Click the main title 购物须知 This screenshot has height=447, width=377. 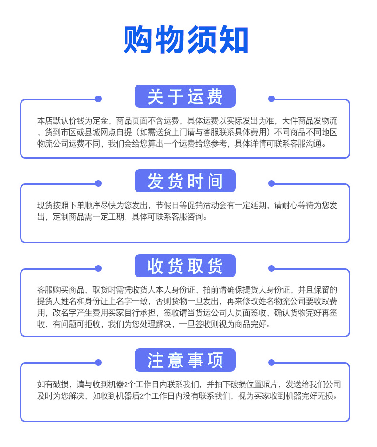(x=186, y=40)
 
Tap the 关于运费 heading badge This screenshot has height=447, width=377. (x=185, y=96)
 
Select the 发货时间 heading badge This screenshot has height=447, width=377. (x=185, y=181)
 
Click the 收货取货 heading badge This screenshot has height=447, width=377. (x=185, y=266)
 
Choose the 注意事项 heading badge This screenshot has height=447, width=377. (x=185, y=360)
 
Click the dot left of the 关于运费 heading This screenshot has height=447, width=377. (x=98, y=99)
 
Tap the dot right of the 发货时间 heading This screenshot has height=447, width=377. (x=272, y=183)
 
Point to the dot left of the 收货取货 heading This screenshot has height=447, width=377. (x=98, y=268)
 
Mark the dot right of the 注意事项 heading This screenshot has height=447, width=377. (x=272, y=362)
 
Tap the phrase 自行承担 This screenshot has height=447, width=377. (x=132, y=313)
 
